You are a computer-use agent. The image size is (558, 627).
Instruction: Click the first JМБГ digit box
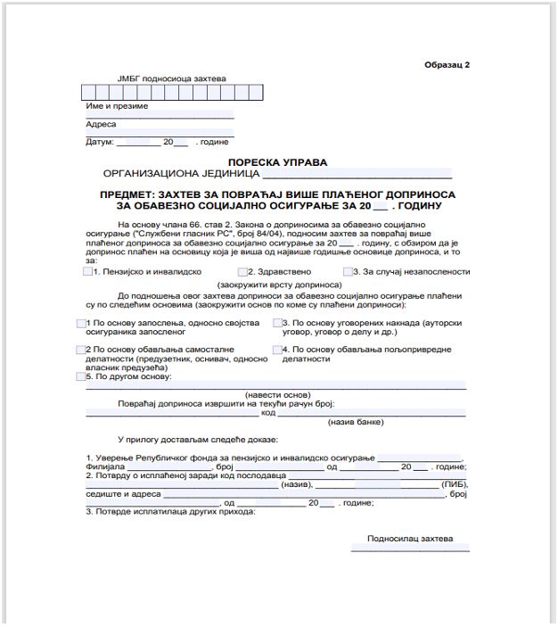tap(87, 91)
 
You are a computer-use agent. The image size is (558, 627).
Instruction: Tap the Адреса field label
tap(102, 124)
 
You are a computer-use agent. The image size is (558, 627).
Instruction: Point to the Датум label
tap(100, 142)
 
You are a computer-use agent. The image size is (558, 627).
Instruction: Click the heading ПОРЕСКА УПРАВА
tap(277, 162)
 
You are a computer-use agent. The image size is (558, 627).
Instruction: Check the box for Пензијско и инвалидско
tap(86, 271)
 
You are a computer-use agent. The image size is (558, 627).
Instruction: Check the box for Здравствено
tap(242, 271)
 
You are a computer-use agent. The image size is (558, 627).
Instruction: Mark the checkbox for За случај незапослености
tap(348, 271)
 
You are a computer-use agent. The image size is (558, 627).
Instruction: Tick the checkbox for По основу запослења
tap(81, 321)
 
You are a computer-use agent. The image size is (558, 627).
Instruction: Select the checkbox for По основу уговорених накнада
tap(278, 321)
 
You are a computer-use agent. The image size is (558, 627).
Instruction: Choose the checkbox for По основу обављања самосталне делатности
tap(81, 350)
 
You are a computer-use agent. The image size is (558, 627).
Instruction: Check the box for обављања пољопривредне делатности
tap(278, 350)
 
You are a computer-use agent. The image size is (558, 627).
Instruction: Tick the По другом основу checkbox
tap(81, 377)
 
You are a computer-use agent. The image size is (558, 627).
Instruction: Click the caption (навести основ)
tap(277, 393)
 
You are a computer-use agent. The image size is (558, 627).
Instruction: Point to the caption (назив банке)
tap(356, 421)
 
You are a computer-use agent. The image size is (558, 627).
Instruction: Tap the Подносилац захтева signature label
tap(410, 539)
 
